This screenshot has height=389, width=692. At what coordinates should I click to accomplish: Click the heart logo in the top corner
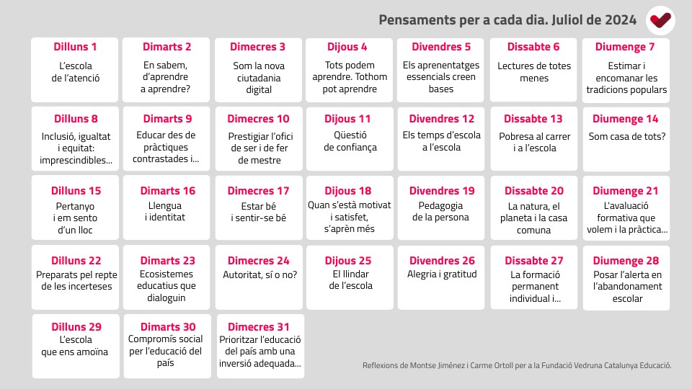tap(660, 20)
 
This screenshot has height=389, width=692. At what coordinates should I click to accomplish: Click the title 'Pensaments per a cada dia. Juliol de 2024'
tap(507, 20)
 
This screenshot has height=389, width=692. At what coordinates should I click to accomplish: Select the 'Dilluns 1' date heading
tap(75, 47)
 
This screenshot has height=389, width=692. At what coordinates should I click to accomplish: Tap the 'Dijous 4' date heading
tap(347, 47)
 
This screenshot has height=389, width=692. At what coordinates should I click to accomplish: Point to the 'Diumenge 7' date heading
tap(625, 47)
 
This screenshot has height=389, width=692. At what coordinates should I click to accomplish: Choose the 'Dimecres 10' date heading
tap(258, 119)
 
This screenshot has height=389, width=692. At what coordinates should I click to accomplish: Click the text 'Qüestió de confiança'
tap(350, 141)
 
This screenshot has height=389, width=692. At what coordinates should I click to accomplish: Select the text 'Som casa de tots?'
tap(626, 136)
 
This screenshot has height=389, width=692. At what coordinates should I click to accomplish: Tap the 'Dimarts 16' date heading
tap(168, 190)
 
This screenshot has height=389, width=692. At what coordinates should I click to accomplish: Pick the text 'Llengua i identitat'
tap(165, 211)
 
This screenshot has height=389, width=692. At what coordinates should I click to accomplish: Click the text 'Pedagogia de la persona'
tap(440, 211)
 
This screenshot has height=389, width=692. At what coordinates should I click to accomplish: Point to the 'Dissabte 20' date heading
tap(534, 190)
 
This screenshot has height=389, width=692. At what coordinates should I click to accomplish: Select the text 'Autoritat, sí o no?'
tap(260, 274)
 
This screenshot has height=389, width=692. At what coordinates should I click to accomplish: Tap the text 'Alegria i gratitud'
tap(442, 274)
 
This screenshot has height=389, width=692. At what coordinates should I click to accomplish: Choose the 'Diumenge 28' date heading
tap(626, 261)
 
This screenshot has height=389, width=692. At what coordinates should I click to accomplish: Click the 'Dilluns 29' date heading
tap(76, 327)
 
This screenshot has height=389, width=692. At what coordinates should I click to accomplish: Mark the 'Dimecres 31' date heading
tap(259, 327)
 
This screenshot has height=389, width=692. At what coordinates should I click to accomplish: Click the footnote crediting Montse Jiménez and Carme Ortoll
tap(517, 365)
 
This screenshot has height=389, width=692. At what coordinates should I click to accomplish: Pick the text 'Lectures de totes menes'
tap(534, 72)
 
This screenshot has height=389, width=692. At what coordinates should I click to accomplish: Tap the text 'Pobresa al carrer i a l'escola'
tap(534, 142)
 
